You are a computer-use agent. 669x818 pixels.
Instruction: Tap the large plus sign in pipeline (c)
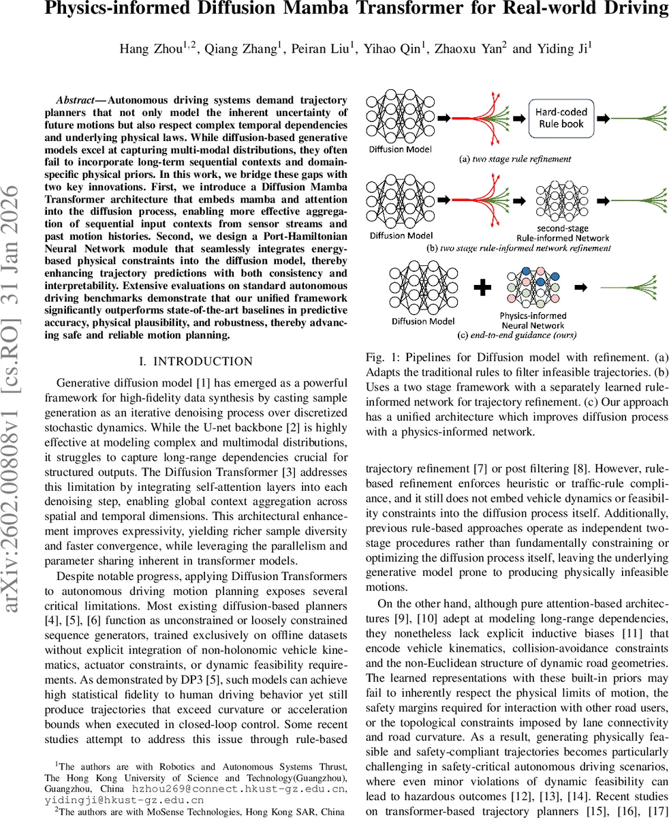pos(482,288)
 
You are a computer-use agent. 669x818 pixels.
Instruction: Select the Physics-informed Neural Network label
pos(533,320)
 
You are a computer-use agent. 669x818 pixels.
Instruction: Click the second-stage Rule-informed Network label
pos(563,233)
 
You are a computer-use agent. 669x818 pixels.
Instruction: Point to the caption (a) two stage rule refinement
pos(515,159)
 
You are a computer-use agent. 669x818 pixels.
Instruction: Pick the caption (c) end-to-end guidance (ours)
pos(517,335)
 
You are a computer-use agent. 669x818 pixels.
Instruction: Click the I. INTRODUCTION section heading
pos(196,361)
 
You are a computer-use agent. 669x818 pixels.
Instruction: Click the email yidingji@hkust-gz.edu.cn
pos(124,800)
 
